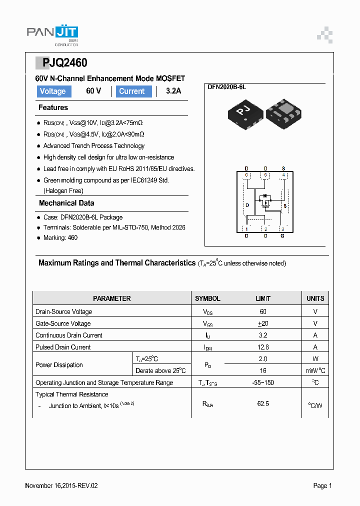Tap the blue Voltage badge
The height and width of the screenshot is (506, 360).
point(53,91)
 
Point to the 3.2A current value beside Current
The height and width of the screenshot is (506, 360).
point(173,91)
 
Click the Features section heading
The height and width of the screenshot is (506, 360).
point(53,107)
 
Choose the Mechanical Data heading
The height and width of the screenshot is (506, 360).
point(66,203)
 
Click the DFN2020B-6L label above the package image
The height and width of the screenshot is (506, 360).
point(227,87)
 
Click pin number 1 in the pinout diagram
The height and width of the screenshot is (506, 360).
point(246,229)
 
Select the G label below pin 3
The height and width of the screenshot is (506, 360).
point(282,236)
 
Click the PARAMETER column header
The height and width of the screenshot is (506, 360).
point(112,298)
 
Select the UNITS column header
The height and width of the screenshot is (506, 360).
point(315,298)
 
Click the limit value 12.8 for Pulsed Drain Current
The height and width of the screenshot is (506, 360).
point(263,347)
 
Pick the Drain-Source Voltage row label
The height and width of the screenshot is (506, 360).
point(64,311)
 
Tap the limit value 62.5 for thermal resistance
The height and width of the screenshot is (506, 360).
point(263,403)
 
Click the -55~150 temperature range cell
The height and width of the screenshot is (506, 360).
point(263,382)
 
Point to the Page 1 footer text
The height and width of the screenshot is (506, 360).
point(322,485)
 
